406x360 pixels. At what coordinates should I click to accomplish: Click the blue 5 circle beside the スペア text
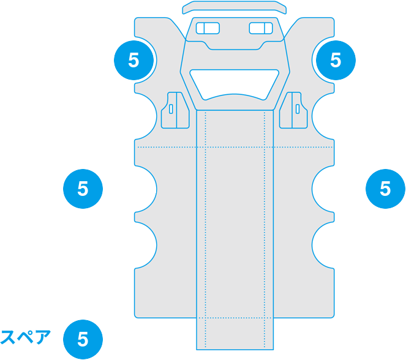[x=83, y=339]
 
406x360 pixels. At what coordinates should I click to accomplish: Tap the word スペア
[x=25, y=337]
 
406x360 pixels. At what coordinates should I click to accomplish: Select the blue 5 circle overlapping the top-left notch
[x=134, y=60]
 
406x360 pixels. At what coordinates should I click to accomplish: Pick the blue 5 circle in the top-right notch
[x=336, y=60]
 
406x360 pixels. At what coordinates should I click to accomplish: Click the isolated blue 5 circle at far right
[x=385, y=189]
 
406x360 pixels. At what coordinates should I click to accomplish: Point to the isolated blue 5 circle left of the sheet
[x=83, y=189]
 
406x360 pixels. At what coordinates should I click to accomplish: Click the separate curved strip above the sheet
[x=235, y=7]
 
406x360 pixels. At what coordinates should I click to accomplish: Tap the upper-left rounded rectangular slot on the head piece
[x=208, y=28]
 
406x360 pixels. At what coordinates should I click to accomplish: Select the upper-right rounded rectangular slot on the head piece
[x=261, y=28]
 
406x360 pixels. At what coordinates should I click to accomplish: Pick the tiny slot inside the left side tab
[x=171, y=109]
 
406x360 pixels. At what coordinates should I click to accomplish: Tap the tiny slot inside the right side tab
[x=298, y=109]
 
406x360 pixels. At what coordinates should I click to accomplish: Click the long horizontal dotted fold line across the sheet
[x=235, y=148]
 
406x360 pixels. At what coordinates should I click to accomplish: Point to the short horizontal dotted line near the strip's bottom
[x=235, y=318]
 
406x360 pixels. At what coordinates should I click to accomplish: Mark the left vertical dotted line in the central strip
[x=206, y=230]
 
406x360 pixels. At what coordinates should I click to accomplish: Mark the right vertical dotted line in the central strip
[x=265, y=230]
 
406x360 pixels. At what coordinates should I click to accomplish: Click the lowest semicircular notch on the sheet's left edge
[x=145, y=245]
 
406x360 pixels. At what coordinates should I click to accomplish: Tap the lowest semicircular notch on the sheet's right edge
[x=323, y=245]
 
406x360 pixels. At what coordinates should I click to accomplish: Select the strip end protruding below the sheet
[x=235, y=334]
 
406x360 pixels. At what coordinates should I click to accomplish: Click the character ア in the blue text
[x=43, y=337]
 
